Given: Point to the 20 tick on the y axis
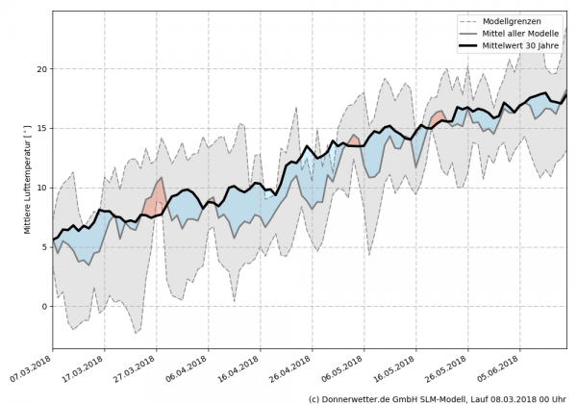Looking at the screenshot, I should tap(41, 69).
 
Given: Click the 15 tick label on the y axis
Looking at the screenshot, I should tap(41, 129).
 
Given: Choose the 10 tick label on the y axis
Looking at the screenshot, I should tap(41, 188).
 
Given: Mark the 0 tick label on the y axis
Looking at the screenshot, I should tap(44, 306).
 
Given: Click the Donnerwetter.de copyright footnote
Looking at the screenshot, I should tap(439, 397).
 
